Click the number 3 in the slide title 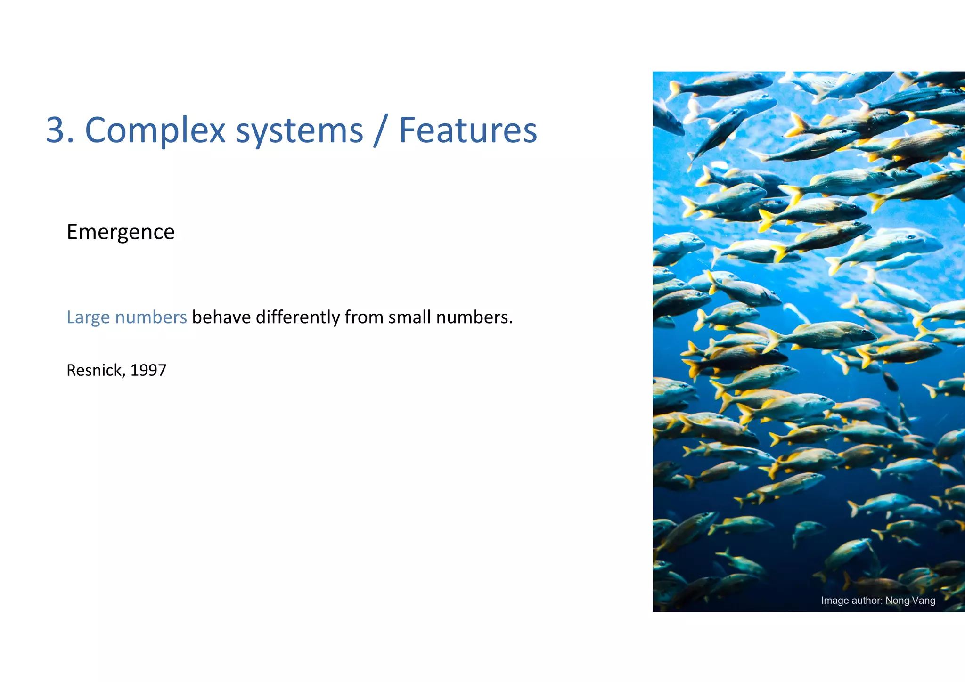[55, 130]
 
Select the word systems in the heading [300, 130]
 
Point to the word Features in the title [468, 130]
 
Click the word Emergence [121, 232]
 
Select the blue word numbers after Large [151, 317]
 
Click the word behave [221, 317]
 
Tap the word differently [298, 317]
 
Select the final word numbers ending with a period [474, 317]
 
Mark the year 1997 [148, 370]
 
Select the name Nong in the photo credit [898, 601]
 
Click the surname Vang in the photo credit [924, 601]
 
